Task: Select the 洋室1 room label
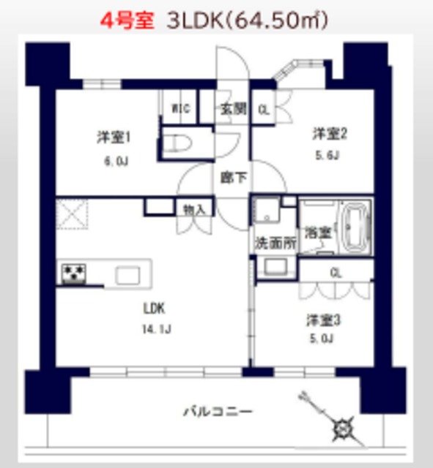[114, 137]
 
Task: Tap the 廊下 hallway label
[232, 176]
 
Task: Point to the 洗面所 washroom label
[275, 243]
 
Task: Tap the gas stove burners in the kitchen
[73, 274]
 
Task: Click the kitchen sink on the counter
[127, 275]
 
